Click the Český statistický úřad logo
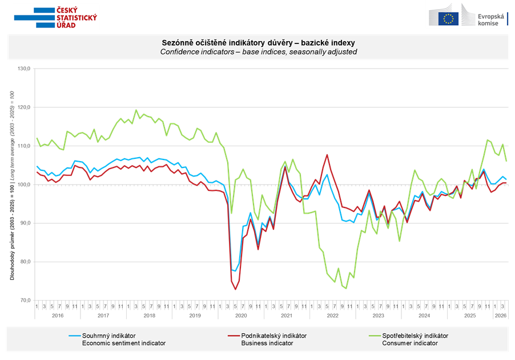56,17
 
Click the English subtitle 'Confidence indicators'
258,51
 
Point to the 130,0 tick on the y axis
26,69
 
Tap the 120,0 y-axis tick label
26,107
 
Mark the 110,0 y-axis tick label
26,146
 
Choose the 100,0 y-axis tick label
26,185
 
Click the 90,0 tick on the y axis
26,223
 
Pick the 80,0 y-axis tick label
26,262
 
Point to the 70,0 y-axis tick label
26,301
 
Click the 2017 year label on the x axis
103,315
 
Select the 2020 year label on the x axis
241,315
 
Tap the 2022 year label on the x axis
332,315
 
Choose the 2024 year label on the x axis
424,315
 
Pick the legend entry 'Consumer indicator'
409,343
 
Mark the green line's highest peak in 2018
136,110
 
